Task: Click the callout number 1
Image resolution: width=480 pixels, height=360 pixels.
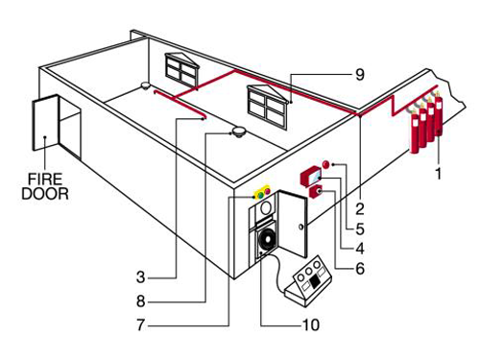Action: (x=439, y=174)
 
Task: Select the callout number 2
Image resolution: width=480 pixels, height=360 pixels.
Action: (x=360, y=209)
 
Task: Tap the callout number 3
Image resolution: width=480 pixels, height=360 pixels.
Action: (x=141, y=277)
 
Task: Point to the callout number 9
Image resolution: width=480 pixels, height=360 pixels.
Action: (x=360, y=75)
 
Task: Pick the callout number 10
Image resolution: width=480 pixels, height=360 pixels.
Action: (x=311, y=324)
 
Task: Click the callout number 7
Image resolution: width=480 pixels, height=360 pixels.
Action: (x=141, y=324)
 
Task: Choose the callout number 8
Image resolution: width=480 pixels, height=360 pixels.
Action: (x=141, y=301)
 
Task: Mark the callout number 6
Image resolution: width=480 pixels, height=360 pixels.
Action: (x=360, y=268)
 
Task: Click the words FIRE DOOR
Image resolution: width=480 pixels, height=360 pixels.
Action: (x=45, y=186)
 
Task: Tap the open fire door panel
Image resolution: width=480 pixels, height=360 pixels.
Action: (x=46, y=122)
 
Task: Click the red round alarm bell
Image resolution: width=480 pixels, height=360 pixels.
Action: (x=326, y=164)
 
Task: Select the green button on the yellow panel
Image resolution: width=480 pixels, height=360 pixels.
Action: (x=260, y=194)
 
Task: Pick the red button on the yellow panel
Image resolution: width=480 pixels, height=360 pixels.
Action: (x=267, y=192)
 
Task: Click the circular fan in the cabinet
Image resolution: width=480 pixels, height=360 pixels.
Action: (x=267, y=240)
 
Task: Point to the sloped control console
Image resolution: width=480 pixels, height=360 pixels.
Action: (x=308, y=281)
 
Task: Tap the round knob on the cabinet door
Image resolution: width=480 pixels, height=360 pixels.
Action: (x=300, y=227)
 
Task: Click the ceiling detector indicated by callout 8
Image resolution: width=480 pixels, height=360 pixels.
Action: (x=238, y=132)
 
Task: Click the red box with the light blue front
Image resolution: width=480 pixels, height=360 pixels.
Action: (x=311, y=177)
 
